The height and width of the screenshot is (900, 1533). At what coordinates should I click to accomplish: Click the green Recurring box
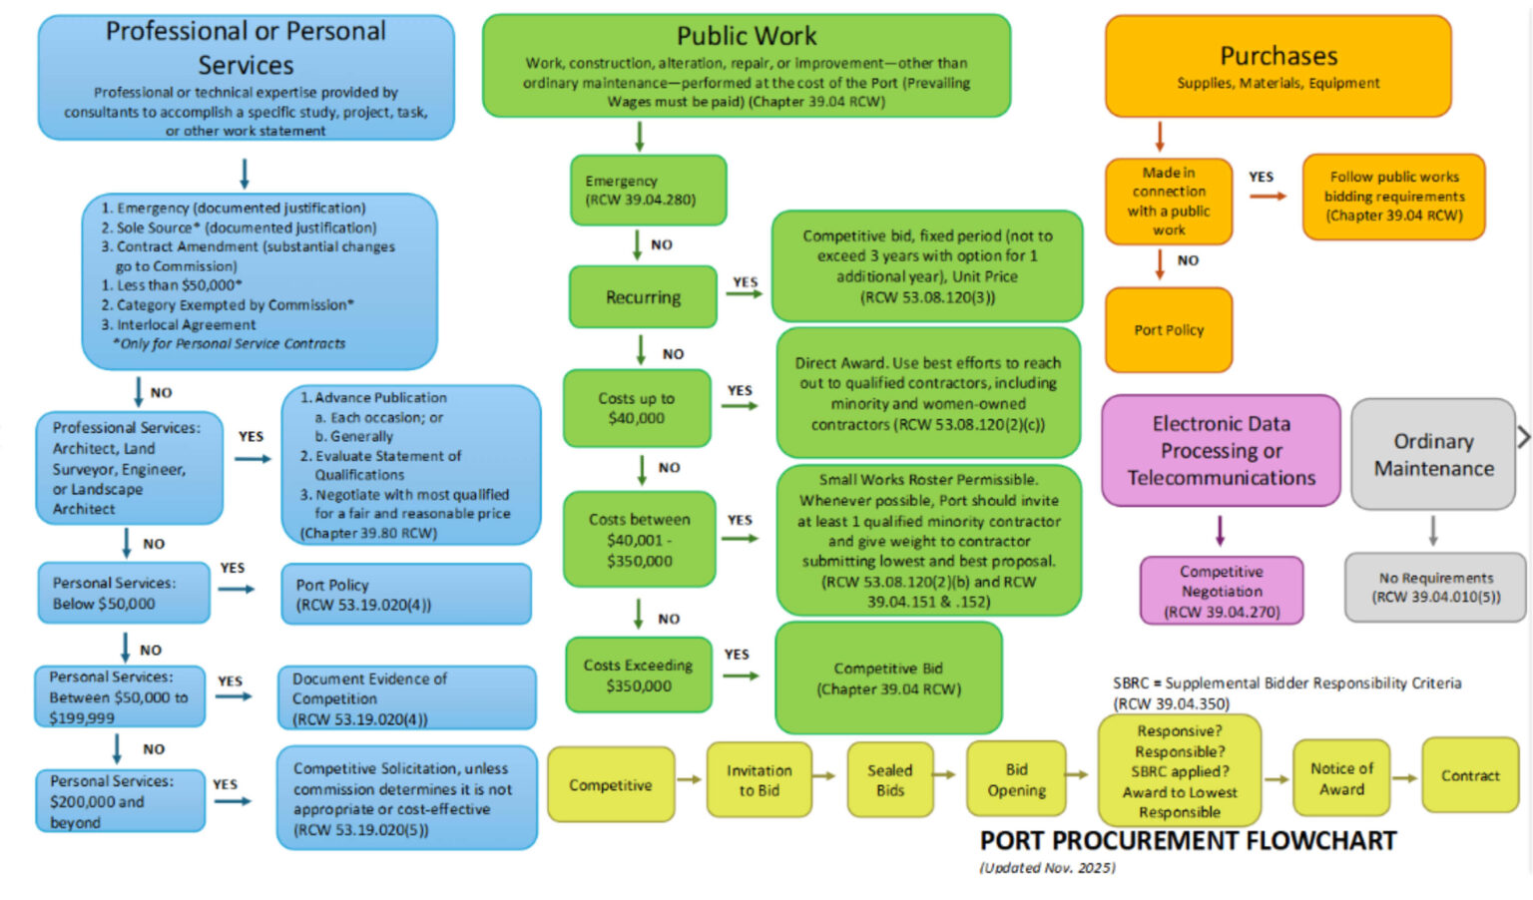point(643,297)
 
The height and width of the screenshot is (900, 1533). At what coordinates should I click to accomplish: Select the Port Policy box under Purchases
point(1169,330)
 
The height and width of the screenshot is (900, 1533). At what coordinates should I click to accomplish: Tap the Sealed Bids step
point(889,780)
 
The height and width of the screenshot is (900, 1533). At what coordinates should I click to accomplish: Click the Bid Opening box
point(1016,779)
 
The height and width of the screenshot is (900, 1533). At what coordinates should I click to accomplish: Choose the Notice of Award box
point(1341,778)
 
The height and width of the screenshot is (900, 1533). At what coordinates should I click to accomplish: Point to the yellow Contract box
point(1470,775)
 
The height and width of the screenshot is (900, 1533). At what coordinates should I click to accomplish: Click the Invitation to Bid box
point(759,780)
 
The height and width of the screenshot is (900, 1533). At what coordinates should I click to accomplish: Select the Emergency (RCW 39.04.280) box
point(648,190)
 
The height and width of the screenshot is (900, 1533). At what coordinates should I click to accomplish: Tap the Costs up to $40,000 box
point(637,408)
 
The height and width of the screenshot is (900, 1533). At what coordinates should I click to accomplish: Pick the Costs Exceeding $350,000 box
point(639,675)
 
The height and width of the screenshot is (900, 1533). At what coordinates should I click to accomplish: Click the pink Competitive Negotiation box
point(1222,591)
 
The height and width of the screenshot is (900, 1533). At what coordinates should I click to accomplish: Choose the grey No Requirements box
point(1435,588)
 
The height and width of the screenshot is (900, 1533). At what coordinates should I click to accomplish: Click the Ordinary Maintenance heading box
point(1433,455)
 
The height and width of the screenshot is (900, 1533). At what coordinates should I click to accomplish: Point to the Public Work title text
point(747,37)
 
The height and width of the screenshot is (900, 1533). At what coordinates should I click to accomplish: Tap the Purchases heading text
point(1278,56)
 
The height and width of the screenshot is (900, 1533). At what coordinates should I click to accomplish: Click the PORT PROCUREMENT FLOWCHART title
point(1188,841)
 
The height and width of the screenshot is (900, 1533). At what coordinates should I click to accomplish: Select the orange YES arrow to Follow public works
point(1268,196)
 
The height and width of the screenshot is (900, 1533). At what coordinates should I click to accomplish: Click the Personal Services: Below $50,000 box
point(124,593)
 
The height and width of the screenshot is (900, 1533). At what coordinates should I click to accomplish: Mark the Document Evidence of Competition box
point(407,698)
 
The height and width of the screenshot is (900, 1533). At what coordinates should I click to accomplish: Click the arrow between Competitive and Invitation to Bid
point(690,779)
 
